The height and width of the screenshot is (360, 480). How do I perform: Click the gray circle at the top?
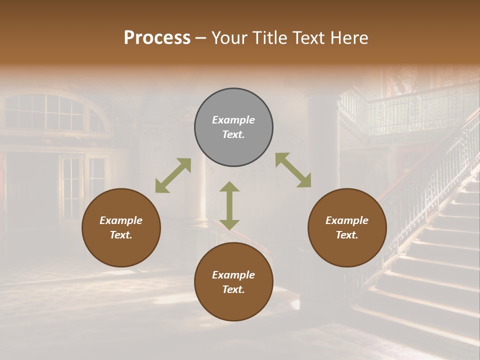point(233,127)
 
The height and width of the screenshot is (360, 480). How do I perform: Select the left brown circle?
point(121,228)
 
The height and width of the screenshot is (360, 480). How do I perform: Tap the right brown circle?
point(347,228)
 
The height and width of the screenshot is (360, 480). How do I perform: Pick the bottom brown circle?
point(233,282)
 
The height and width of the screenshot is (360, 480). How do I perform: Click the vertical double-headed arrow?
point(229,205)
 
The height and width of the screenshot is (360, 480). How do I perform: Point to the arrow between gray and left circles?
point(173,175)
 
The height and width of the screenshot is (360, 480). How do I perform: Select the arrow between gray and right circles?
point(293,170)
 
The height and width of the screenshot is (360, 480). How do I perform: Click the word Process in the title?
point(157,38)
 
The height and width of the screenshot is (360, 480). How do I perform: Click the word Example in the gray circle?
point(233,120)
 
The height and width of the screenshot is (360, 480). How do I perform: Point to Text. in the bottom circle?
point(233,289)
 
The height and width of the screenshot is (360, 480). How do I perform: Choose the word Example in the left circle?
point(121,220)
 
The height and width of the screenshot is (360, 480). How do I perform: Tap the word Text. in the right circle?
point(347,235)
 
